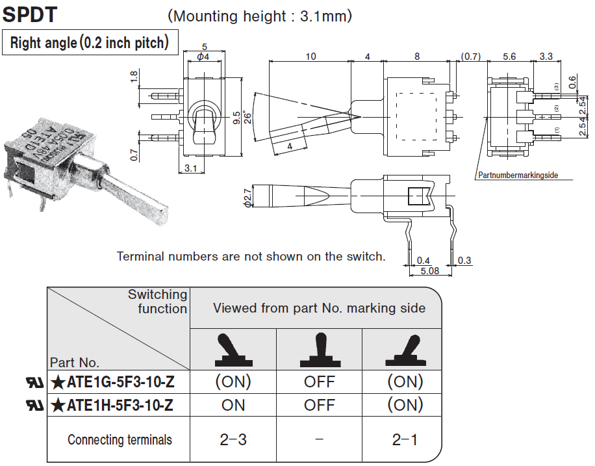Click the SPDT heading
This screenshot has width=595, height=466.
click(30, 15)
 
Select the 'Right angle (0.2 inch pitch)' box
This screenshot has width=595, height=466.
click(90, 42)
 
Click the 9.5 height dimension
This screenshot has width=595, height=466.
click(236, 118)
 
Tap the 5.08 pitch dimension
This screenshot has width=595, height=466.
click(430, 271)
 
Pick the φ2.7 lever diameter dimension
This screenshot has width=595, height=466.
click(247, 198)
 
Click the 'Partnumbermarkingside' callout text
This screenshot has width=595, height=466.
click(518, 175)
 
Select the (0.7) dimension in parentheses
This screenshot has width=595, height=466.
click(470, 57)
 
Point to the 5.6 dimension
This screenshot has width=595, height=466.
click(509, 57)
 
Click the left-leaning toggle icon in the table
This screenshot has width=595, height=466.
click(233, 350)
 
